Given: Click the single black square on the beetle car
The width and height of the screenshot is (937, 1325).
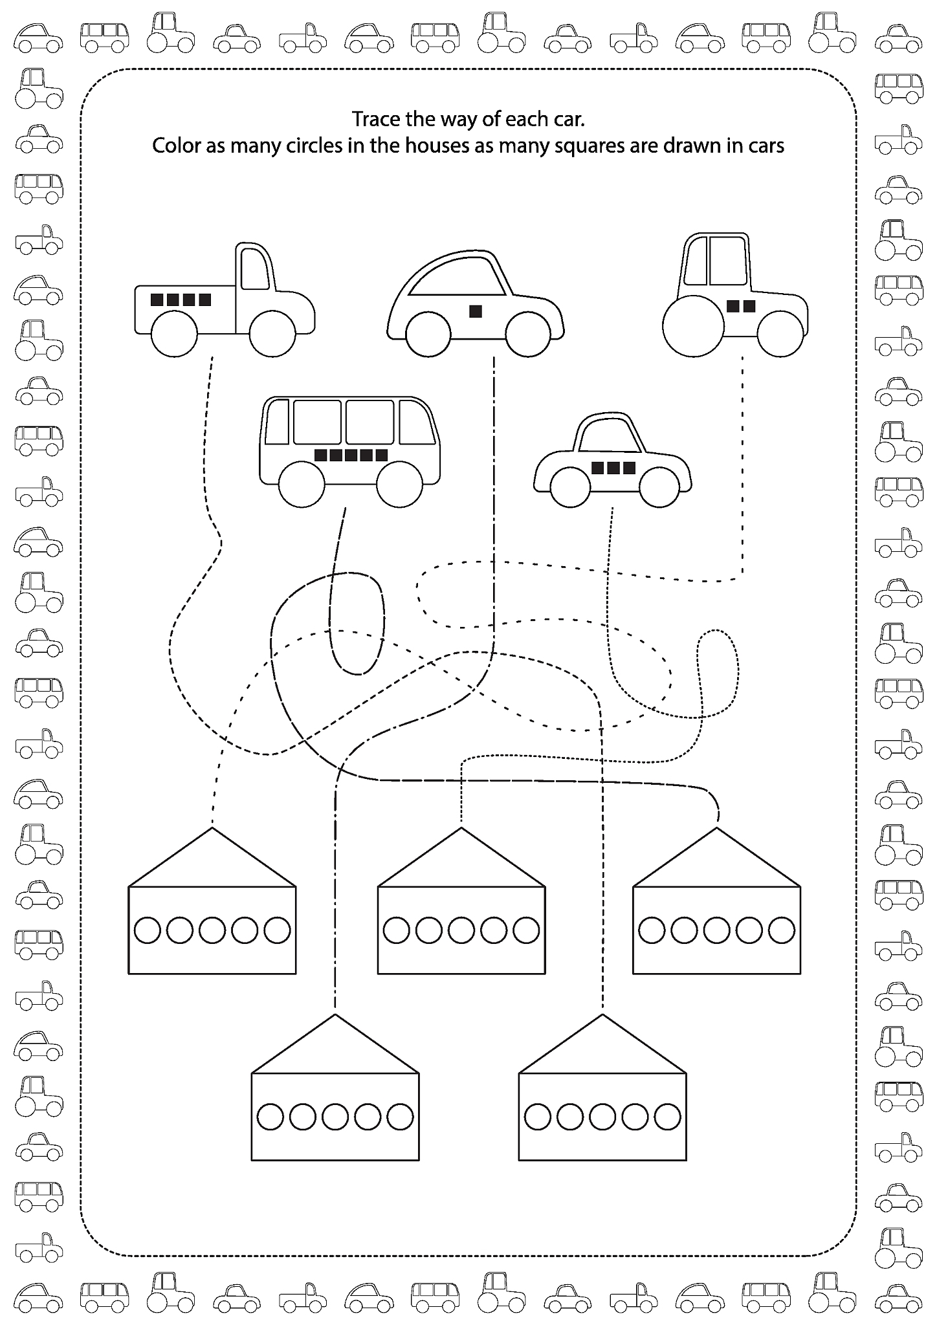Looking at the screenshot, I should [x=476, y=311].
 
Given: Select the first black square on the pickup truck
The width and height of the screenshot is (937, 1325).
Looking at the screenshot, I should [x=157, y=300].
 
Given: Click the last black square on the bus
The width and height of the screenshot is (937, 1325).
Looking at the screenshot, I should [x=381, y=455].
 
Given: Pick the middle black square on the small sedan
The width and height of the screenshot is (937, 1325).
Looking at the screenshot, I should [x=613, y=467].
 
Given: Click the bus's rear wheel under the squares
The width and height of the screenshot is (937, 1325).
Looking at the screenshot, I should [x=302, y=484].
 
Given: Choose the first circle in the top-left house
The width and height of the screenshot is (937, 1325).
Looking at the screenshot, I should [x=148, y=930].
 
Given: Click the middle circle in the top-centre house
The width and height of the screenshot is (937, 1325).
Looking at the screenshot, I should [x=461, y=930].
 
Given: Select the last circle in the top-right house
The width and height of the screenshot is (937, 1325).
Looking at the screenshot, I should [x=782, y=930].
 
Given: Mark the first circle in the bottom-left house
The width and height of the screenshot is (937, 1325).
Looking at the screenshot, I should [x=270, y=1116].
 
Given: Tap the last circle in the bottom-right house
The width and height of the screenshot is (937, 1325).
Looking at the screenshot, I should [x=668, y=1116].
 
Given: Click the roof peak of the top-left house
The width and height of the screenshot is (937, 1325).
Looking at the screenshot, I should [x=212, y=829].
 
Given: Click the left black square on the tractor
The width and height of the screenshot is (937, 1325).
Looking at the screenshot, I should [x=733, y=306].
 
